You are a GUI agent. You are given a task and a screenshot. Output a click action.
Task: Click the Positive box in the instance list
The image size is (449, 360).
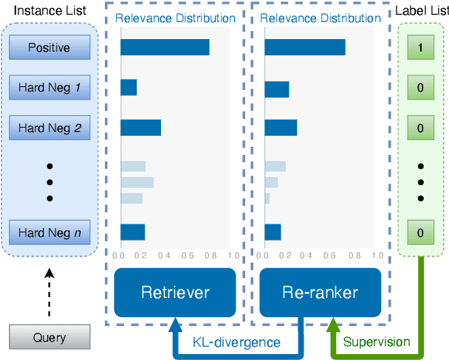[49, 48]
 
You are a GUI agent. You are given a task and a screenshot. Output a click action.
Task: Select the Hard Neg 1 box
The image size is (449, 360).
[49, 89]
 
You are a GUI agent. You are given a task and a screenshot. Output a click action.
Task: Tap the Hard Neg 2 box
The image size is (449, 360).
[49, 128]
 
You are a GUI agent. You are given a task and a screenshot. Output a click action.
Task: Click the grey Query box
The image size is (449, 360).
[49, 338]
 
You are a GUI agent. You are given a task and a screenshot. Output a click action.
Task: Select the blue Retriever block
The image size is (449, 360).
[175, 292]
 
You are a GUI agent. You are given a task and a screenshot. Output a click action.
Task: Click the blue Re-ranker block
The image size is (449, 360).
[321, 292]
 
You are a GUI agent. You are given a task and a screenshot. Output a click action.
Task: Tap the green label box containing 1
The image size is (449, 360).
[420, 48]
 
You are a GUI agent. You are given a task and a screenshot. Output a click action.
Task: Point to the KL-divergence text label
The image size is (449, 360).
[236, 342]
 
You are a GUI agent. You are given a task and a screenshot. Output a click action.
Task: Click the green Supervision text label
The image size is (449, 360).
[376, 342]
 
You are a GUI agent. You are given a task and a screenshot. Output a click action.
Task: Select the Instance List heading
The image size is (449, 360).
[49, 12]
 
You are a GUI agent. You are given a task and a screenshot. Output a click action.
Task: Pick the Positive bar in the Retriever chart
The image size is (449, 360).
[165, 47]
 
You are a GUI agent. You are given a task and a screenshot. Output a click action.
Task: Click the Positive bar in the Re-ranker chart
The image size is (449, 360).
[305, 47]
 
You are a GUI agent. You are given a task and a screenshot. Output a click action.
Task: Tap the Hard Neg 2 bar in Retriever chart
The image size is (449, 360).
[140, 128]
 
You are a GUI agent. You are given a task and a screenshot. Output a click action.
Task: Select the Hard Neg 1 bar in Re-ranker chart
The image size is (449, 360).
[277, 89]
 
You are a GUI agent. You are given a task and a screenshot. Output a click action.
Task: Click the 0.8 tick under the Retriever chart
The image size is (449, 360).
[210, 256]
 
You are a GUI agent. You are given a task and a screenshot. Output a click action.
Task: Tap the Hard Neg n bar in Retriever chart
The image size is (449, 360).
[133, 232]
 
